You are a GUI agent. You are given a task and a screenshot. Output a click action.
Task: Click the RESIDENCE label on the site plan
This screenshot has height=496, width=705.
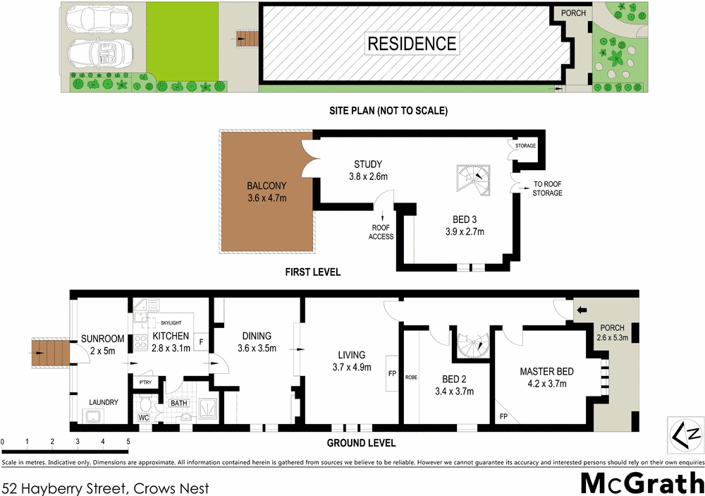pyautogui.click(x=412, y=44)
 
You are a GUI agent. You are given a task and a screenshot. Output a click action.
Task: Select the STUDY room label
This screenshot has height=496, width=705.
pyautogui.click(x=368, y=165)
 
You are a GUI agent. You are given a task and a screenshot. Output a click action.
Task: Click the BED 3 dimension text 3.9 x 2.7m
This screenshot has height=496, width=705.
pyautogui.click(x=464, y=231)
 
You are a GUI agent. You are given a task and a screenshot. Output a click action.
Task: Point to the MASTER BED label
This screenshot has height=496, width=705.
pyautogui.click(x=546, y=372)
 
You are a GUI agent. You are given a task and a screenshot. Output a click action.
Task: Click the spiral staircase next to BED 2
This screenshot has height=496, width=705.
pyautogui.click(x=470, y=346)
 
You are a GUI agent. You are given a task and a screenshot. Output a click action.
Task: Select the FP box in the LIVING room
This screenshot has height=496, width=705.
pyautogui.click(x=391, y=370)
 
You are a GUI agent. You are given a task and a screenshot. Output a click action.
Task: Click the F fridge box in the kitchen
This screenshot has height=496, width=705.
pyautogui.click(x=201, y=342)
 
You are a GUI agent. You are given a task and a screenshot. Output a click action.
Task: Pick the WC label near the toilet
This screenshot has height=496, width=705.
pyautogui.click(x=144, y=418)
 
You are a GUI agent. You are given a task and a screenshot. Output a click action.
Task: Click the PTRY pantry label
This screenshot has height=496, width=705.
pyautogui.click(x=145, y=383)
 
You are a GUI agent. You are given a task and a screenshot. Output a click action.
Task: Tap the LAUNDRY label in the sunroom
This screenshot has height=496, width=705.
pyautogui.click(x=103, y=402)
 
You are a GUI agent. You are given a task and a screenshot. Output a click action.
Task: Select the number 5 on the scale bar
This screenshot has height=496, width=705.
pyautogui.click(x=128, y=442)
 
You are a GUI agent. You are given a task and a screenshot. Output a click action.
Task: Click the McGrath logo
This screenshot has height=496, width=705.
pyautogui.click(x=642, y=483)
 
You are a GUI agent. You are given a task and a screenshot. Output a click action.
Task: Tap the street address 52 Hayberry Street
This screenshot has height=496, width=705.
pyautogui.click(x=105, y=487)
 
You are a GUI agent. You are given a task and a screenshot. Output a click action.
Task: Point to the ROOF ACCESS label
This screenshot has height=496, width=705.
pyautogui.click(x=381, y=232)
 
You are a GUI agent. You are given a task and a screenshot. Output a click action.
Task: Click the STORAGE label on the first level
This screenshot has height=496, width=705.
pyautogui.click(x=525, y=146)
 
